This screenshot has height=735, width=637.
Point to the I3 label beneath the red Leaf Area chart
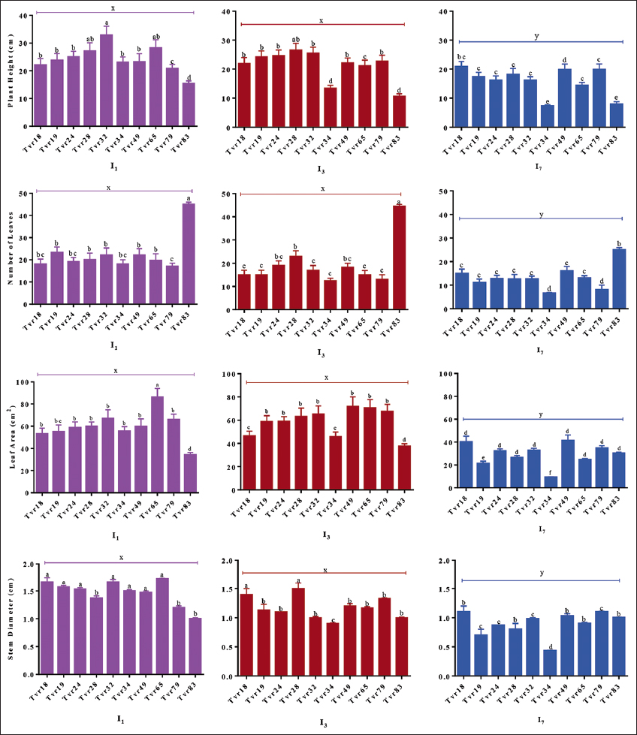pyautogui.click(x=321, y=535)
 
